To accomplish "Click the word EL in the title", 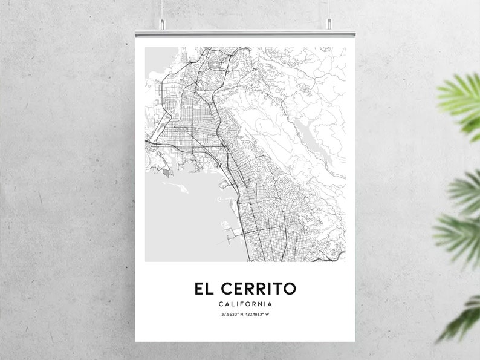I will tap(204, 289).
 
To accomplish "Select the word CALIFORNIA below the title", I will tap(245, 304).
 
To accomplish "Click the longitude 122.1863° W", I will tap(259, 315).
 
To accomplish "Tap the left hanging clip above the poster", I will tap(163, 24).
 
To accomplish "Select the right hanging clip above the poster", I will tap(329, 24).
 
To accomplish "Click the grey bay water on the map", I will tap(181, 218).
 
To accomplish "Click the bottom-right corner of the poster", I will tap(355, 341).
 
